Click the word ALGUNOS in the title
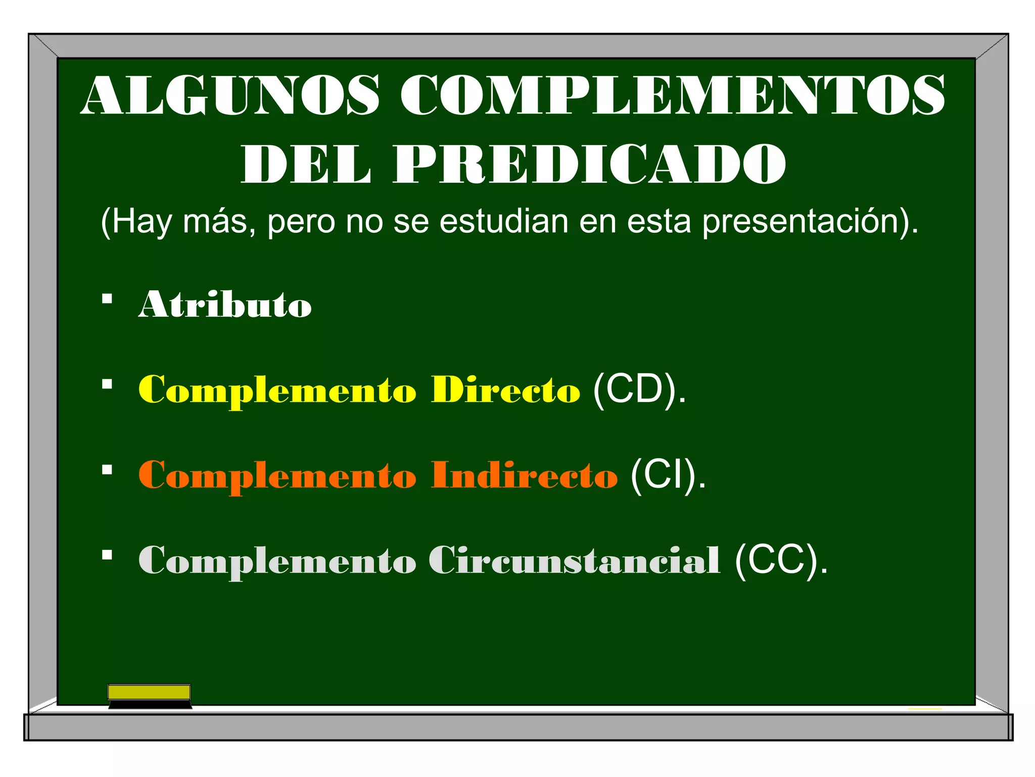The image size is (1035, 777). pyautogui.click(x=230, y=95)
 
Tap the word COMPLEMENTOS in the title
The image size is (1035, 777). pyautogui.click(x=672, y=95)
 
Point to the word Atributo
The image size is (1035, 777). pyautogui.click(x=225, y=305)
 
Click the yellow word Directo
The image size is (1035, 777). pyautogui.click(x=505, y=390)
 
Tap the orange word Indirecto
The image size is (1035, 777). pyautogui.click(x=524, y=476)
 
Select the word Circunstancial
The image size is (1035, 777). pyautogui.click(x=575, y=560)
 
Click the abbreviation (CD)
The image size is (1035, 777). pyautogui.click(x=639, y=390)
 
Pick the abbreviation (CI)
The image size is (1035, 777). pyautogui.click(x=668, y=476)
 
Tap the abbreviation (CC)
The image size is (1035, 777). pyautogui.click(x=781, y=560)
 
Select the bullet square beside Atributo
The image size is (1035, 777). pyautogui.click(x=107, y=299)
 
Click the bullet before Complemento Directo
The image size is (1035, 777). pyautogui.click(x=107, y=384)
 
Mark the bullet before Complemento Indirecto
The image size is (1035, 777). pyautogui.click(x=107, y=470)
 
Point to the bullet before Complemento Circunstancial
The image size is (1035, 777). pyautogui.click(x=107, y=555)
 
